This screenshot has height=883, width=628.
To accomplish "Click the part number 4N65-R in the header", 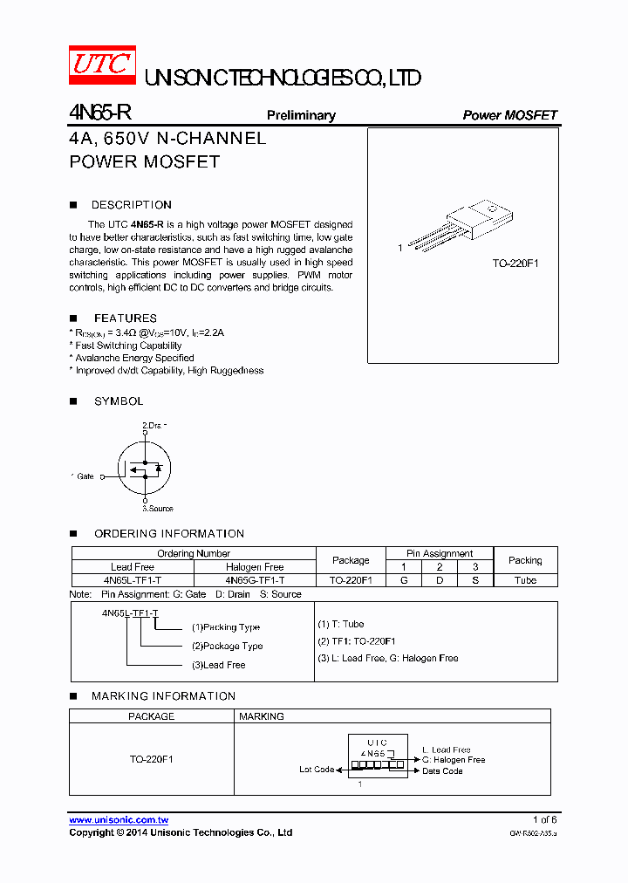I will point(100,114).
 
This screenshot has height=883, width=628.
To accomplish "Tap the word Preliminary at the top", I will point(301,115).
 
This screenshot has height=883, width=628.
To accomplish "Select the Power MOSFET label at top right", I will point(509,115).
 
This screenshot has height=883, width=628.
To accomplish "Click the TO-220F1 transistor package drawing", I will point(462,226).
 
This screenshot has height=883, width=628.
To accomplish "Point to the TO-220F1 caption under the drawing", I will point(515,263).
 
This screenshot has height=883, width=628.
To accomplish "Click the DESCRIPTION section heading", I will point(132,205).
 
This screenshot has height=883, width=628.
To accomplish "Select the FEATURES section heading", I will point(126,318).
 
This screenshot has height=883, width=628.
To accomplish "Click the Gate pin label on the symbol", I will point(85,476).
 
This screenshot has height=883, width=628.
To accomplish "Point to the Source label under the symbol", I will point(158,508).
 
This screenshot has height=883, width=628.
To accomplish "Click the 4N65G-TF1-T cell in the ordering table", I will point(255,580).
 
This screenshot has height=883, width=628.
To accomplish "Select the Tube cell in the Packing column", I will point(525,580).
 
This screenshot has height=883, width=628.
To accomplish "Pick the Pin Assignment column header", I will point(440,553).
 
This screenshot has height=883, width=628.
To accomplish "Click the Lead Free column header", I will point(133,567).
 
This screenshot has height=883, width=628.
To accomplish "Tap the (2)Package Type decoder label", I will point(227,646).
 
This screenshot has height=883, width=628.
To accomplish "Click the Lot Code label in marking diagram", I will point(317,770).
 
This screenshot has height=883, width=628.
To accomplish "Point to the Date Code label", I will point(442,771).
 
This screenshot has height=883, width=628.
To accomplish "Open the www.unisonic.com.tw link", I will point(119,820).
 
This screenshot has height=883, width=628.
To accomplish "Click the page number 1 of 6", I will point(544,820).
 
